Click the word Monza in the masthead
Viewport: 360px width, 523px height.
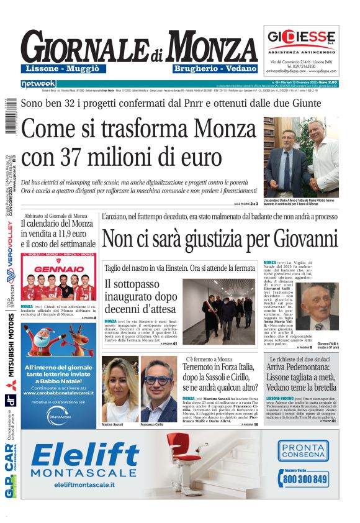coord(211,46)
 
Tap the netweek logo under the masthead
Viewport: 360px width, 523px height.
coord(38,83)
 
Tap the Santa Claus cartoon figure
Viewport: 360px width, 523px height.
coord(43,339)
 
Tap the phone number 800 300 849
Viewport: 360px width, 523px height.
coord(305,480)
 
